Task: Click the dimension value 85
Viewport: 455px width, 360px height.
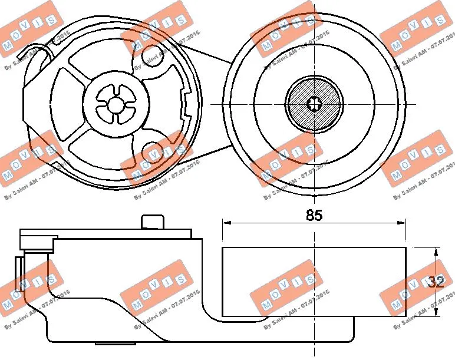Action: (x=314, y=215)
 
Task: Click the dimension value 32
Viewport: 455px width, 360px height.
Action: (x=436, y=282)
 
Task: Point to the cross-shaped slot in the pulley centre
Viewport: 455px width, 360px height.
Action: (x=314, y=104)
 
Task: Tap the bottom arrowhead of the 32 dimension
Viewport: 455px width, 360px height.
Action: (x=436, y=313)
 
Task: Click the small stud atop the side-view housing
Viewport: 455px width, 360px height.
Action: (x=152, y=222)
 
